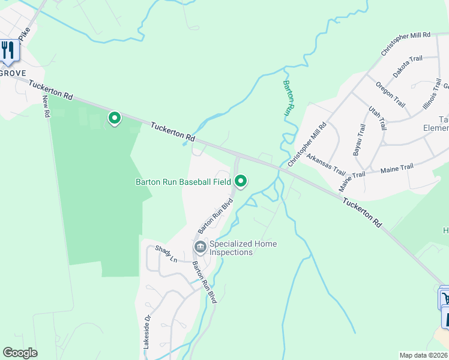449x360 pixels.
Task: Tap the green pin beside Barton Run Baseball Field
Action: click(241, 180)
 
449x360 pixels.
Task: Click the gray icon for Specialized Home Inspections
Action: click(199, 247)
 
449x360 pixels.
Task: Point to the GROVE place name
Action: click(12, 73)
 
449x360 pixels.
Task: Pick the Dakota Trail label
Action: click(408, 67)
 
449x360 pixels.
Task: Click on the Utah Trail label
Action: click(377, 119)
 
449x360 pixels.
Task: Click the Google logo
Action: click(20, 353)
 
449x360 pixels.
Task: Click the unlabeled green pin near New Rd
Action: click(114, 118)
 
